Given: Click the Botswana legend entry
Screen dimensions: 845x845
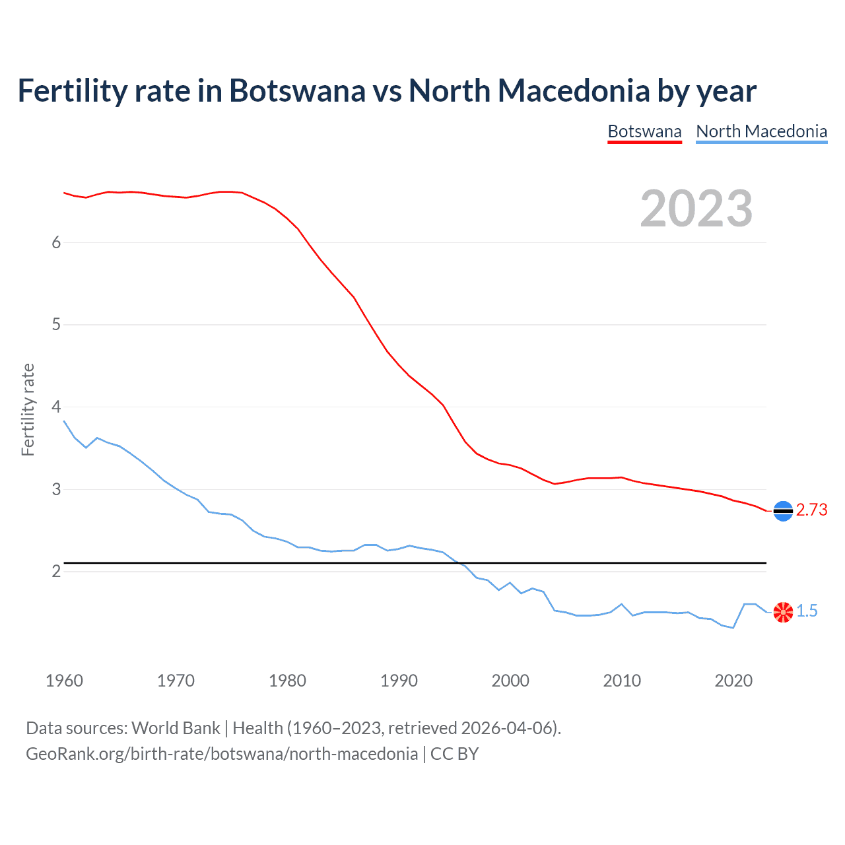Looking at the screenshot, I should tap(644, 131).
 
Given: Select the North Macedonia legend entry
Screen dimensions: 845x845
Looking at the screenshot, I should tap(761, 131).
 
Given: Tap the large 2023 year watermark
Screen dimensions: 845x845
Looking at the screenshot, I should tap(696, 209).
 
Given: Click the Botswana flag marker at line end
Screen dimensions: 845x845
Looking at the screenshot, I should tap(783, 511).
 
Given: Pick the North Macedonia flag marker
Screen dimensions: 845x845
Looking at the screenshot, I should tap(783, 612).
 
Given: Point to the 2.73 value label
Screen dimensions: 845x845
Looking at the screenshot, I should tap(811, 510).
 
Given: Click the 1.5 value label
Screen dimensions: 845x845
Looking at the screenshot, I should tap(807, 611).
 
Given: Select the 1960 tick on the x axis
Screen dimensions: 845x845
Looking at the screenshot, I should tap(64, 681).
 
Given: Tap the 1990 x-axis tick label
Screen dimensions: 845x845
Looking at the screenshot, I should tap(399, 681).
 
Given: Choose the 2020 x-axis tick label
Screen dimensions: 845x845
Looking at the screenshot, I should tap(733, 681).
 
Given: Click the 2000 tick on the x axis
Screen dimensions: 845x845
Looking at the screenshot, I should tap(510, 681).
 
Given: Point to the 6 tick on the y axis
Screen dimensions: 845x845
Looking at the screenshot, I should tap(56, 242).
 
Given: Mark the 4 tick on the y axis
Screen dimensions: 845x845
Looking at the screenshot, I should tap(56, 407).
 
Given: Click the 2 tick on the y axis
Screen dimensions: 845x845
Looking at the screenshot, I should tap(56, 571).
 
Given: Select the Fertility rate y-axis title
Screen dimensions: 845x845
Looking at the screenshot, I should tap(28, 409).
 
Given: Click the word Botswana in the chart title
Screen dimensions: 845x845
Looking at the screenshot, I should tap(297, 90).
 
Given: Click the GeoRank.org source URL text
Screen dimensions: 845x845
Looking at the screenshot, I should tap(222, 754).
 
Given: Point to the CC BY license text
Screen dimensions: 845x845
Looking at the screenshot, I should tap(454, 754).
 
